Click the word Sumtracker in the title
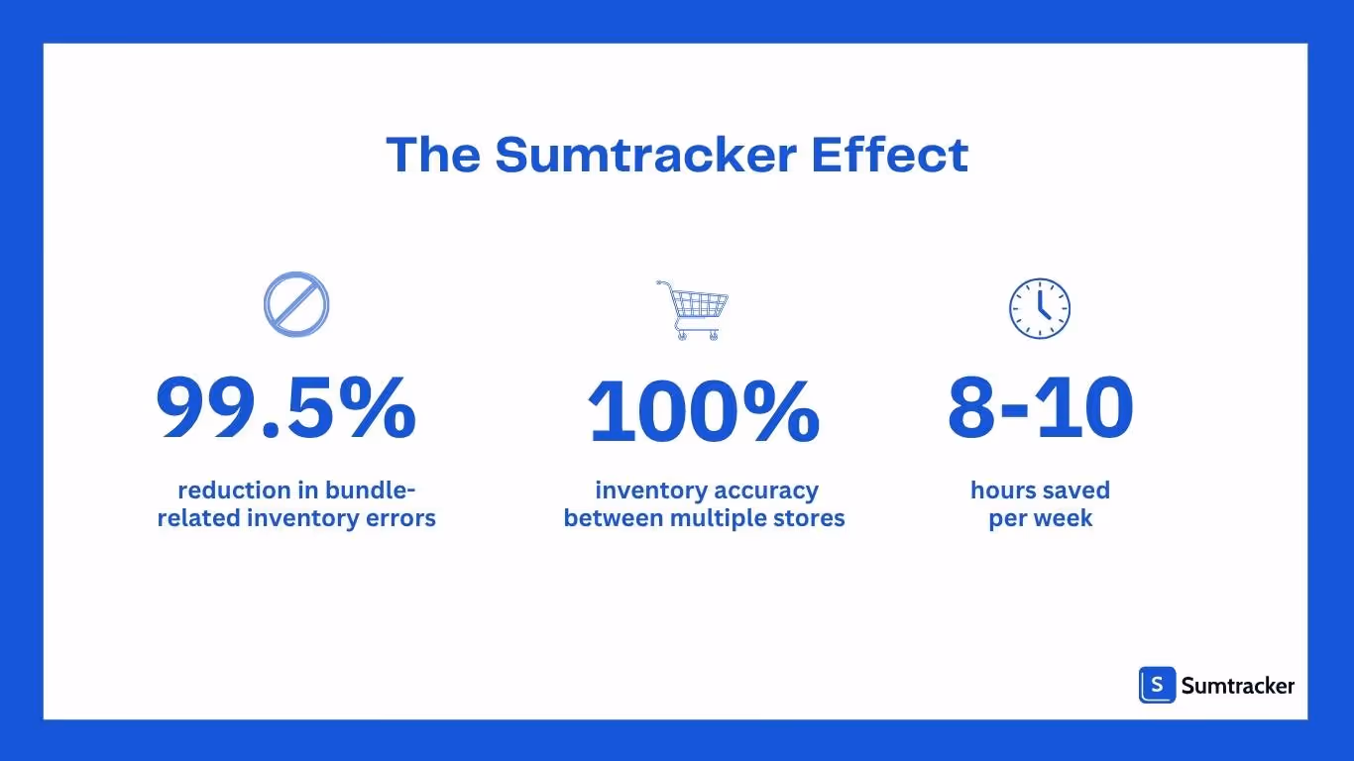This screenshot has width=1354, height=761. pyautogui.click(x=645, y=156)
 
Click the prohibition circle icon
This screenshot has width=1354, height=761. pyautogui.click(x=296, y=303)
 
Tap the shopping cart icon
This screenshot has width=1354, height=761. pyautogui.click(x=692, y=309)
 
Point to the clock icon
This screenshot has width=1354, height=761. pyautogui.click(x=1040, y=307)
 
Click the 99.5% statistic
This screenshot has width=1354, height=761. pyautogui.click(x=286, y=408)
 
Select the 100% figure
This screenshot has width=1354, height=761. pyautogui.click(x=704, y=410)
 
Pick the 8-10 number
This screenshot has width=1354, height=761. pyautogui.click(x=1040, y=408)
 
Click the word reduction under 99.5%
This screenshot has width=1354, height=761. pyautogui.click(x=234, y=490)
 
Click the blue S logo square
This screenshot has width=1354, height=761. pyautogui.click(x=1157, y=685)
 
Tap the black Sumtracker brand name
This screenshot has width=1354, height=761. pyautogui.click(x=1238, y=685)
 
